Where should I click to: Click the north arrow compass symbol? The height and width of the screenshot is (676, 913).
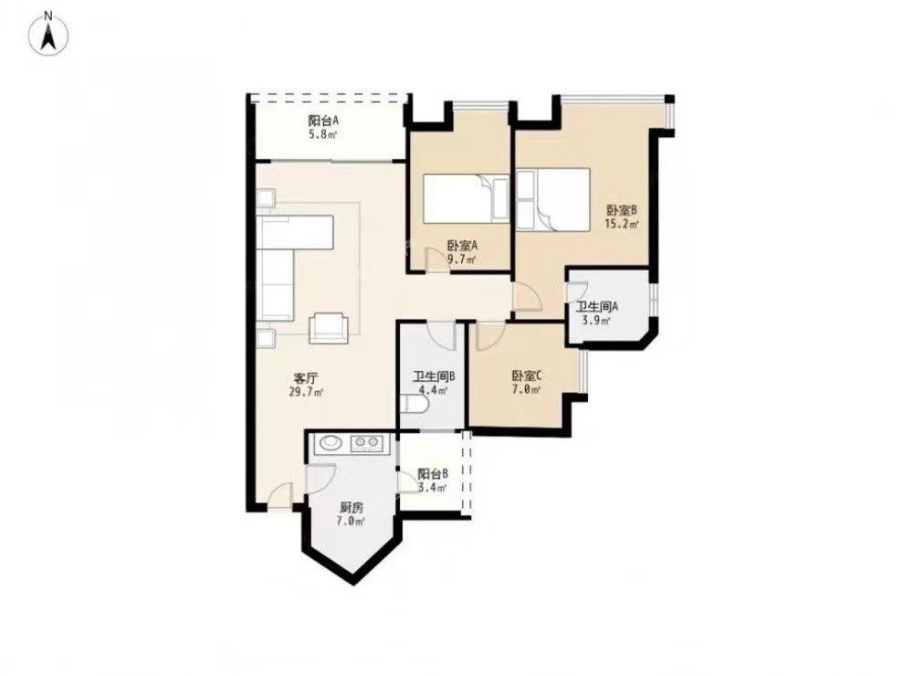[x=49, y=33]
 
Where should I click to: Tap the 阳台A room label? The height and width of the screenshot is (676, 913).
[x=324, y=121]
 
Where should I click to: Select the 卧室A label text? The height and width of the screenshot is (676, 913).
[x=462, y=246]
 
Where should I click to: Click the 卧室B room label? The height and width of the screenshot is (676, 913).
[x=622, y=210]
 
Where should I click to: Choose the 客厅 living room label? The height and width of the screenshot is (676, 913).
[x=306, y=378]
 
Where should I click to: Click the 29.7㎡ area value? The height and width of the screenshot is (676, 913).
[x=306, y=392]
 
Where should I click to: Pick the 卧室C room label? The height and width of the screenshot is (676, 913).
[x=527, y=375]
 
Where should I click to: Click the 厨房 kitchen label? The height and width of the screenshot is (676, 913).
[x=352, y=508]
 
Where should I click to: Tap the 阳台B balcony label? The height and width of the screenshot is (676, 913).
[x=433, y=474]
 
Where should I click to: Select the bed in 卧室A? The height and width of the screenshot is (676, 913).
[x=467, y=198]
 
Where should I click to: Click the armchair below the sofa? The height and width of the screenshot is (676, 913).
[x=329, y=327]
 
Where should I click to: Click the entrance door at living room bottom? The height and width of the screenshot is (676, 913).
[x=281, y=497]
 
